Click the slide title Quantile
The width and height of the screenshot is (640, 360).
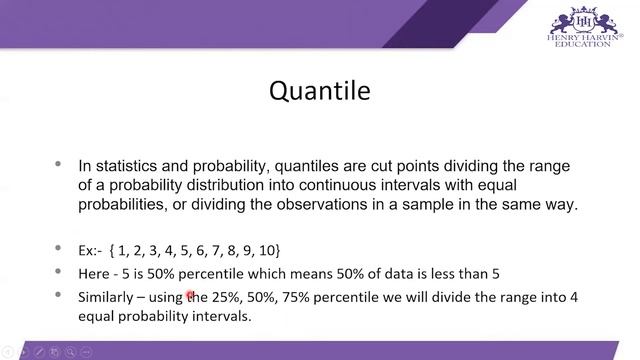320,92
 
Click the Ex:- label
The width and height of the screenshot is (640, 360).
92,249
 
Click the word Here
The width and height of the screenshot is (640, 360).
94,273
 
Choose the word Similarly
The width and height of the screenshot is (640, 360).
107,298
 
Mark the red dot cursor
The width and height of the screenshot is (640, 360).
189,294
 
